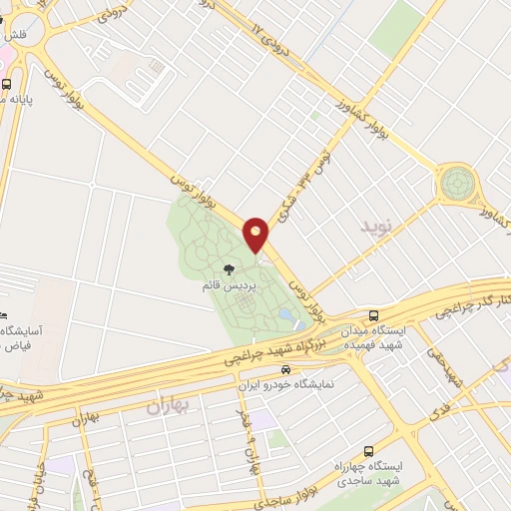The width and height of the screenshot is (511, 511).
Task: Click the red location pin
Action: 256,235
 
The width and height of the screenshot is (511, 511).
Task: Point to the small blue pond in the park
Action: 286,315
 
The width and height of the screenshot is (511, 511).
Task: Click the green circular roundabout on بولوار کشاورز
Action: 457,184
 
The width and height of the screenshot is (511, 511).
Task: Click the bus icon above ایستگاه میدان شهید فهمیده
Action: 374,312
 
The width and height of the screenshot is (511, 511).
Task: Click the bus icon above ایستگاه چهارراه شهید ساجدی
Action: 370,450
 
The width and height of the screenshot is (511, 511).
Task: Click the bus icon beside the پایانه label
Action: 8,84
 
